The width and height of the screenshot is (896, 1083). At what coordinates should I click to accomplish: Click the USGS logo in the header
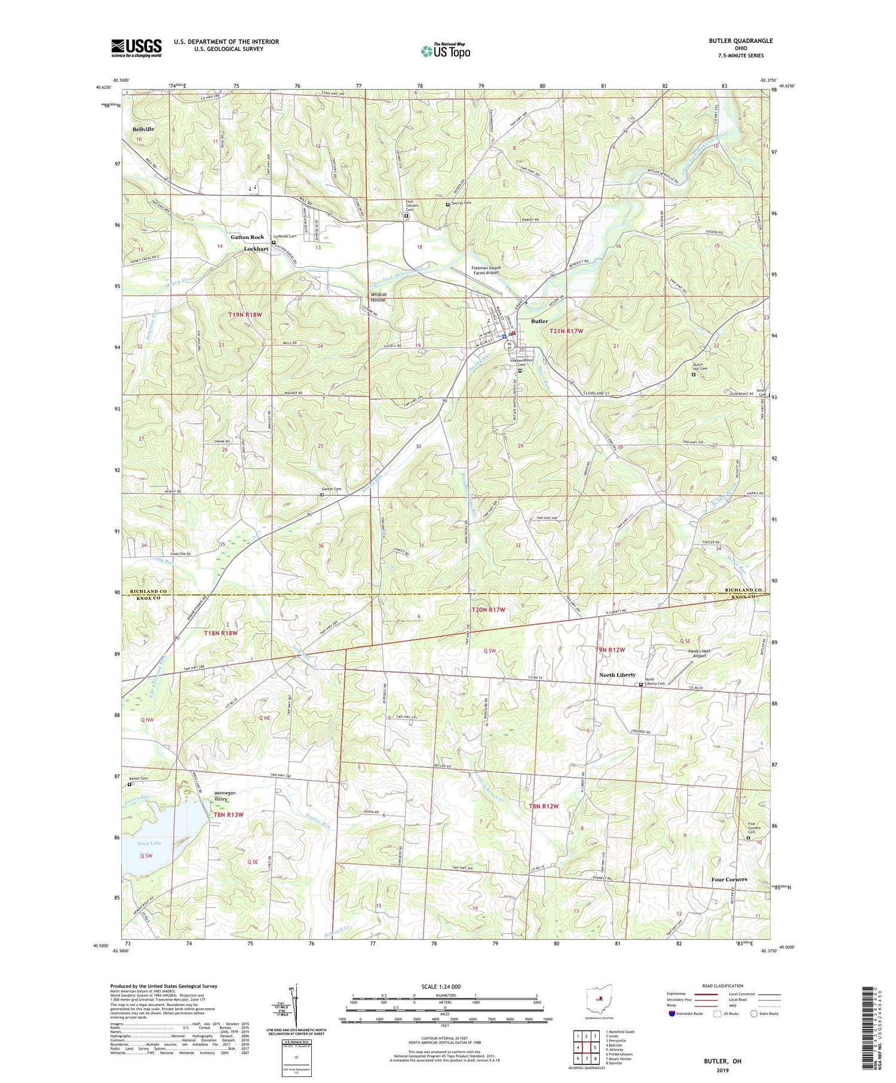click(136, 48)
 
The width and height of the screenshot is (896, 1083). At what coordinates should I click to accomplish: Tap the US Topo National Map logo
click(446, 51)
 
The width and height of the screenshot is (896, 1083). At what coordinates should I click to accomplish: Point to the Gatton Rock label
click(247, 237)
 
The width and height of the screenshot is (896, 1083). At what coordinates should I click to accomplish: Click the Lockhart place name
click(256, 249)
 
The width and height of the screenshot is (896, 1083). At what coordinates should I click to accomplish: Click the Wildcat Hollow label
click(378, 297)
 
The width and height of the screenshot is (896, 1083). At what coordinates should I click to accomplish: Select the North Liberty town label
click(617, 675)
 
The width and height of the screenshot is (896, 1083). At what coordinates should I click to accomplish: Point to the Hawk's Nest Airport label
click(692, 653)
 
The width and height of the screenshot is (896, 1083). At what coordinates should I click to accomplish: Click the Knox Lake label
click(149, 843)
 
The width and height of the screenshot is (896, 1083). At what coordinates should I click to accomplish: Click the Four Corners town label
click(729, 879)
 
